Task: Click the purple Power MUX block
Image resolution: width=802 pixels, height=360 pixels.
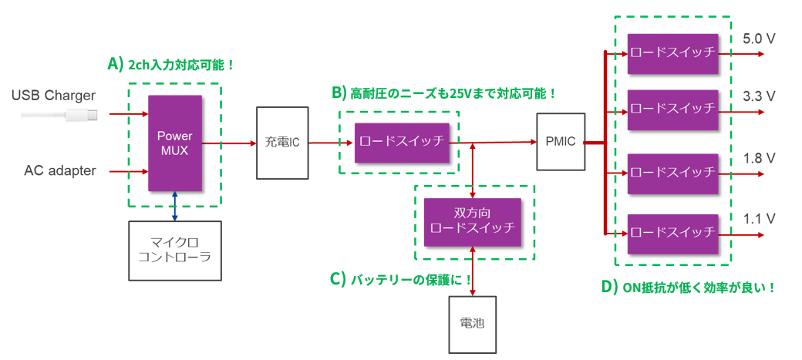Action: (175, 143)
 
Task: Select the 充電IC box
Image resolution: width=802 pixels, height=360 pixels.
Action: (282, 143)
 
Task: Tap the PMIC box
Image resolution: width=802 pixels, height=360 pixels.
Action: (560, 143)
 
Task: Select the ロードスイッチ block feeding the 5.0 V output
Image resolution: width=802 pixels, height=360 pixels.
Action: (673, 54)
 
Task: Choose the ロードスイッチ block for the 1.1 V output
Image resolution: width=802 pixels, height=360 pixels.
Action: (673, 233)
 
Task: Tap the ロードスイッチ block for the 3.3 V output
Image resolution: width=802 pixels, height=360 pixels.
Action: (673, 110)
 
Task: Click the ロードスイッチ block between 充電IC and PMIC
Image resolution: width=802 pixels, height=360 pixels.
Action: (403, 143)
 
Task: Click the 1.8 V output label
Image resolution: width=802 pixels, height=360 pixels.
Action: (759, 158)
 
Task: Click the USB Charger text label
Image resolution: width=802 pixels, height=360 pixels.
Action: (53, 96)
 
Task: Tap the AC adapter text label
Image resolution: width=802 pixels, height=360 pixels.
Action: (60, 170)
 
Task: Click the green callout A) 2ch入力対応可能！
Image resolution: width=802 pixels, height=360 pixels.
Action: (170, 65)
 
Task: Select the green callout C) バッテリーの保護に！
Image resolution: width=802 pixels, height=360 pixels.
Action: (401, 279)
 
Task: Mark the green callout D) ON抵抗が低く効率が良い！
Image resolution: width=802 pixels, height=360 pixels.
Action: (687, 287)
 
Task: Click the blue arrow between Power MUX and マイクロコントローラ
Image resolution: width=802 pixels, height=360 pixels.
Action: (175, 207)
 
